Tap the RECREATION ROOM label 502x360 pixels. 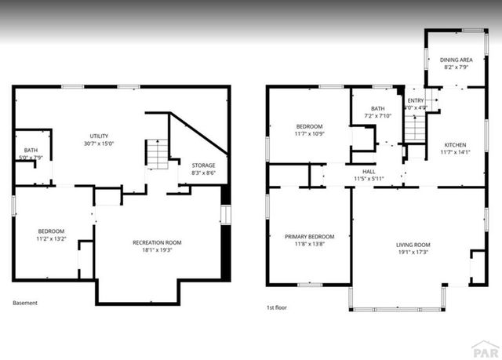[x=157, y=242]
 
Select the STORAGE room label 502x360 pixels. [x=203, y=165]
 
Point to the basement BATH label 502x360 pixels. [x=30, y=150]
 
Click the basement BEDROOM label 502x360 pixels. [x=52, y=231]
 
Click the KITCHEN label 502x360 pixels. [x=455, y=145]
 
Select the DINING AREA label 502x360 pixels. [x=456, y=60]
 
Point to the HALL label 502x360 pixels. [x=368, y=170]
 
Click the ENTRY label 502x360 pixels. [x=415, y=100]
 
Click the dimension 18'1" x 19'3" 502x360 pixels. [x=157, y=250]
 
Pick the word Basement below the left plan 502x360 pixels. [x=26, y=303]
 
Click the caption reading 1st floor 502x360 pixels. [x=277, y=307]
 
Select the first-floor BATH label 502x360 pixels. [x=378, y=109]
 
